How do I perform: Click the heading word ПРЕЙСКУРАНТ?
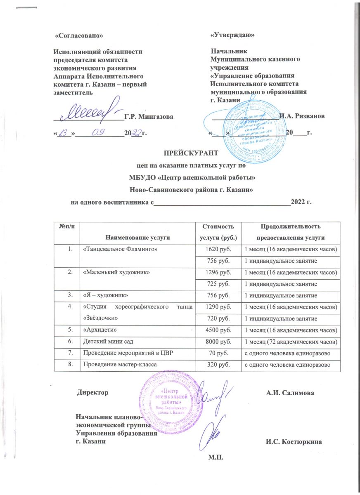[x=190, y=153]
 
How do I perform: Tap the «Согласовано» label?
[x=79, y=36]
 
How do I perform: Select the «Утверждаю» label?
[x=232, y=35]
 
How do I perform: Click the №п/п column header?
[x=67, y=227]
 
